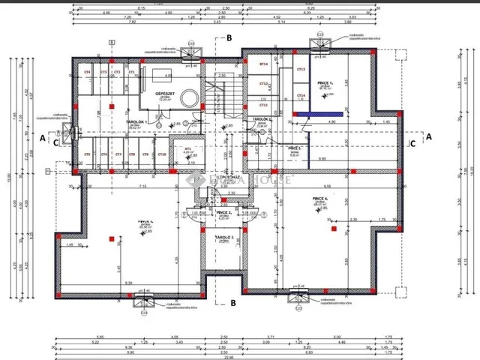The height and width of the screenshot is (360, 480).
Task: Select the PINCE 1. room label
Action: click(325, 85)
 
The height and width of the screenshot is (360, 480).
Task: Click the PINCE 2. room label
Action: click(223, 213)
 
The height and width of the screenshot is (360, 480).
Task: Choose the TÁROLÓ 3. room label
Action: click(223, 237)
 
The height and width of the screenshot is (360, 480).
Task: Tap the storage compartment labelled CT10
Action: click(161, 154)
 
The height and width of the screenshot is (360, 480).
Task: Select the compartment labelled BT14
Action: click(263, 64)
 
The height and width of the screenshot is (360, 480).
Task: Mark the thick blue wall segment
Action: click(318, 114)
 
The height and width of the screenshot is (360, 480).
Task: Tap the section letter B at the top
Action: click(230, 37)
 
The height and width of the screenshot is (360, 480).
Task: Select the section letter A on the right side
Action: click(430, 136)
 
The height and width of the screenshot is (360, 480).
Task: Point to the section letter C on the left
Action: click(55, 139)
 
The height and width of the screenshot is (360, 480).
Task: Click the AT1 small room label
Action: click(187, 149)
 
